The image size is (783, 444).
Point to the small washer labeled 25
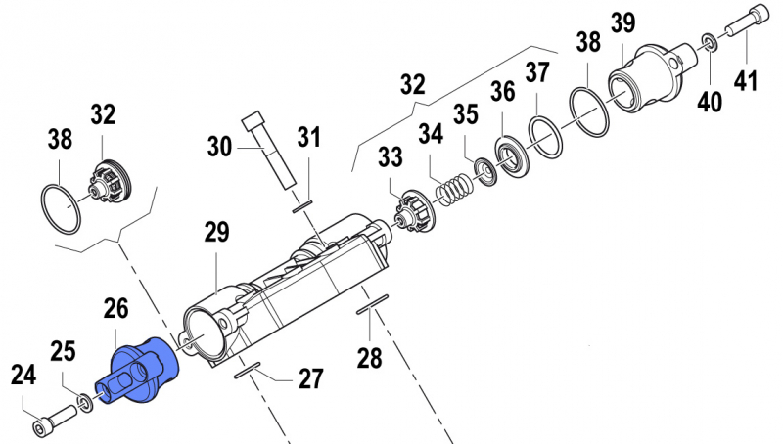pos(85,403)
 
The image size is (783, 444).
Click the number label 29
pos(216,233)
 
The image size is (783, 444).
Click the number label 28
pos(369,358)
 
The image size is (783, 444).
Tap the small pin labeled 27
pos(249,366)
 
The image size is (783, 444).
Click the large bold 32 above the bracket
pos(414,85)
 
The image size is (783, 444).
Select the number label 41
pos(746,81)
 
